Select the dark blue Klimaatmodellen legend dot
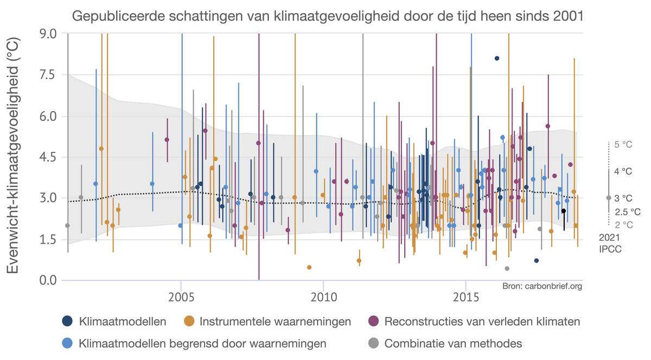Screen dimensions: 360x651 click(x=67, y=322)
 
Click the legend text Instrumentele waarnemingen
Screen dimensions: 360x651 click(x=275, y=322)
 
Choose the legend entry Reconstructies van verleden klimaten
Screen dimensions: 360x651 click(x=482, y=322)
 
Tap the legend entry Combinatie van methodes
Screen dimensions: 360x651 click(x=453, y=343)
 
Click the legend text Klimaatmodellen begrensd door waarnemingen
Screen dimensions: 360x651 click(x=202, y=343)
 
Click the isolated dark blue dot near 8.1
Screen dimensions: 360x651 click(x=497, y=59)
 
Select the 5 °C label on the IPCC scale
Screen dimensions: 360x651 click(x=623, y=145)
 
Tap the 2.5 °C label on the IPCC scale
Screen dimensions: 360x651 click(x=628, y=211)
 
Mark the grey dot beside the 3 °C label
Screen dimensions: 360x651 click(x=609, y=198)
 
